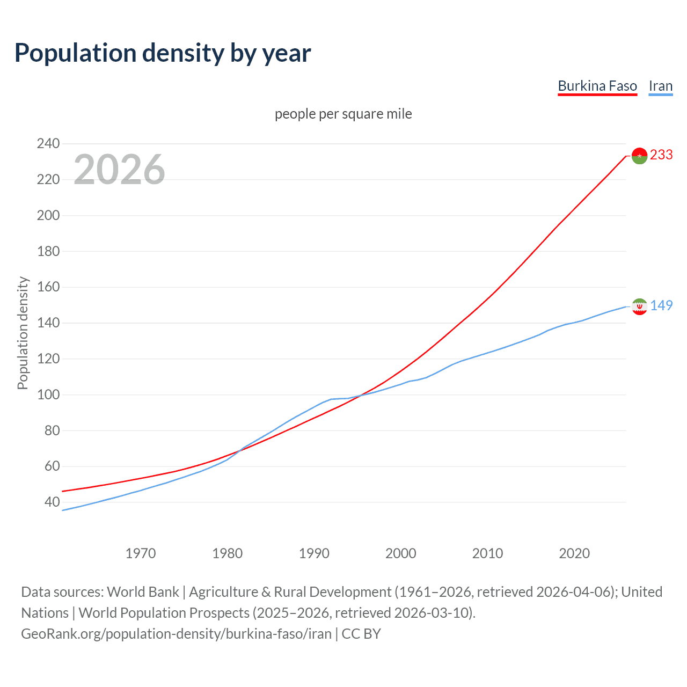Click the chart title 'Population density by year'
pos(163,53)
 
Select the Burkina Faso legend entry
pos(597,86)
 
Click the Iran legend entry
pos(660,86)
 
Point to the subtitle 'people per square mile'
pos(343,114)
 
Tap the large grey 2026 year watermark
pos(119,170)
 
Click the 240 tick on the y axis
pos(48,143)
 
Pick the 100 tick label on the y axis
pos(48,394)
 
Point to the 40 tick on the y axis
pos(52,502)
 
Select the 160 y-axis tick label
pos(48,287)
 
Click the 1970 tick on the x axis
pos(141,553)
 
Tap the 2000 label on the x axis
pos(401,553)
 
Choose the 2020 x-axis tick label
pos(574,553)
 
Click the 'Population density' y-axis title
pos(23,333)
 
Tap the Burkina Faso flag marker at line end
pos(639,156)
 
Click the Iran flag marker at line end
pos(639,306)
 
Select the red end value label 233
pos(661,155)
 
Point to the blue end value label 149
pos(661,305)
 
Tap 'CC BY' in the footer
pos(361,633)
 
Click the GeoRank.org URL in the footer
pos(176,633)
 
